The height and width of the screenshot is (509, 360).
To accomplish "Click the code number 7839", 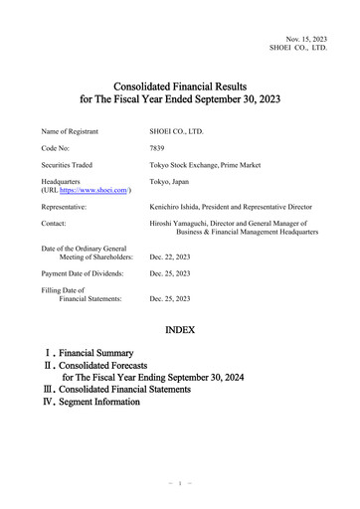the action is pos(157,147).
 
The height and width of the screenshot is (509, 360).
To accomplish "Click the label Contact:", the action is pos(56,227).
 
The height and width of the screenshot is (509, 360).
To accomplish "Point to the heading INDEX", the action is pos(179,328).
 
